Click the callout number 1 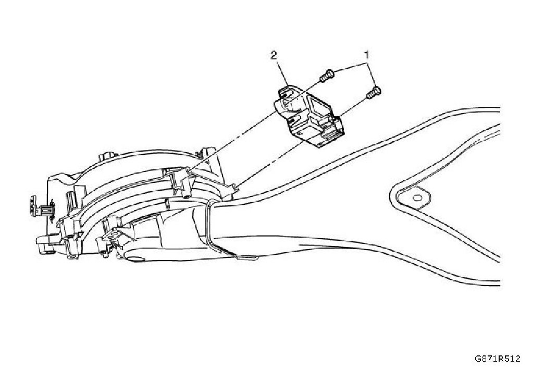click(367, 54)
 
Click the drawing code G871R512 click(497, 359)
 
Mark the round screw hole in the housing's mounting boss click(186, 198)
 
